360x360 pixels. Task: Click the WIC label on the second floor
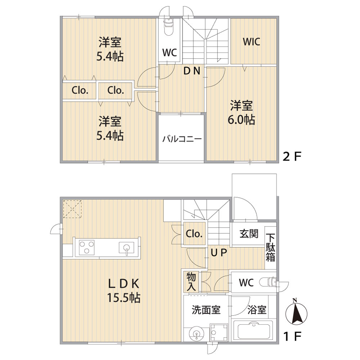point(251,42)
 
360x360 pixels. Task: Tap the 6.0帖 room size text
point(241,120)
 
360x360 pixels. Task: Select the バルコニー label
point(182,139)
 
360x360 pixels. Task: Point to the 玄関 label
point(249,234)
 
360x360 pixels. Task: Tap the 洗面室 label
point(206,310)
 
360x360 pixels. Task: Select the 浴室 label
point(257,310)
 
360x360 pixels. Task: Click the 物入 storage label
point(191,282)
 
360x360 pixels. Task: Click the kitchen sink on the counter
point(126,248)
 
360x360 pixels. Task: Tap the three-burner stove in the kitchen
point(86,247)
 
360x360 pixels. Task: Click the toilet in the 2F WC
point(168,27)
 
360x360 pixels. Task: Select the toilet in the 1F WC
point(269,282)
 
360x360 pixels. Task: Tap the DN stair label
point(192,71)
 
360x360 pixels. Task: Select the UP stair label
point(219,253)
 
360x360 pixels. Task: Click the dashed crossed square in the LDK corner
point(72,209)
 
